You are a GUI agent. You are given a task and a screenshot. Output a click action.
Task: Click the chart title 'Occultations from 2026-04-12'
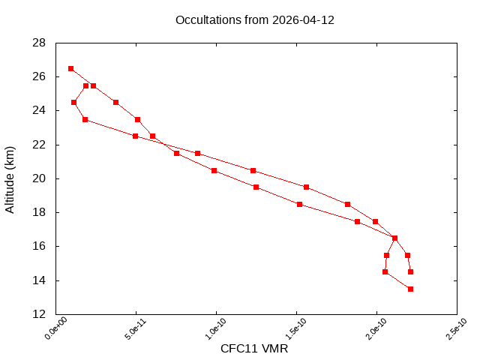pos(254,20)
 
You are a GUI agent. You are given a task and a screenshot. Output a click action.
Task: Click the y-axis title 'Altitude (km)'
pos(10,178)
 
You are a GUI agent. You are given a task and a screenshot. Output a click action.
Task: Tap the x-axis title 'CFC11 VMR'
pos(254,349)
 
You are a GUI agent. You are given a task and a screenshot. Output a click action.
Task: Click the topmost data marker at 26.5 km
pos(70,68)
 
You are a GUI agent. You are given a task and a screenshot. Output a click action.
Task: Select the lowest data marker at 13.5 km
pos(410,289)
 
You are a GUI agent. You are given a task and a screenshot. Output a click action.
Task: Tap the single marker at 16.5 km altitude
pos(394,238)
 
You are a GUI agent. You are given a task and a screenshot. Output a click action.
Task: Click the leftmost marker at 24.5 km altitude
pos(73,102)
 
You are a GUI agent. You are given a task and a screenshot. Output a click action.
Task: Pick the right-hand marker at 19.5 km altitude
pos(306,187)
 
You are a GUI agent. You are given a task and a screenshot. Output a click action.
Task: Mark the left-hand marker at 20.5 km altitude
pos(214,170)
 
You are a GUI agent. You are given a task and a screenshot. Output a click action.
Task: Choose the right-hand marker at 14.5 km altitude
pos(410,271)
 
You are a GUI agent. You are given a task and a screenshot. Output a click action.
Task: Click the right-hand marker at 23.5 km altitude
pos(137,119)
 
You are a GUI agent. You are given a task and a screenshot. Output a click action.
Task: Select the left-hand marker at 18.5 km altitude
pos(299,204)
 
